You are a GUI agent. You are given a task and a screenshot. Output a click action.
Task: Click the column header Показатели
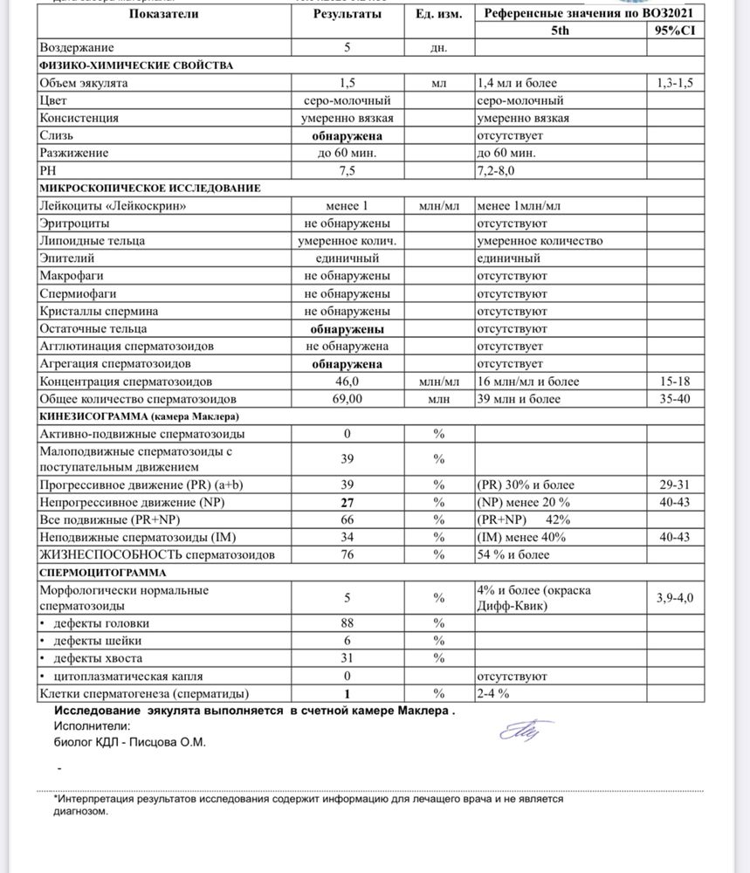tap(162, 14)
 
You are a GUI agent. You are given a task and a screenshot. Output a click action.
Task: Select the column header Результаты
tap(347, 14)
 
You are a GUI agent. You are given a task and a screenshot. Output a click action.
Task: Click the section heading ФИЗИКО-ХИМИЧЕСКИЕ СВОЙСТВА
tap(135, 65)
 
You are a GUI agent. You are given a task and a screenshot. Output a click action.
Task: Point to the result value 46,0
tap(347, 382)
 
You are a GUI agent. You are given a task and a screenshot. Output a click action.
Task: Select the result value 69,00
tap(347, 399)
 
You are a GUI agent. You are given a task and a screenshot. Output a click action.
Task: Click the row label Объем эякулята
tap(84, 83)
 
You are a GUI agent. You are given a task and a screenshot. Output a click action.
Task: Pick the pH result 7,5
tap(347, 170)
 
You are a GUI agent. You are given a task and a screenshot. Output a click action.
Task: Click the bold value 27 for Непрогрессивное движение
tap(347, 503)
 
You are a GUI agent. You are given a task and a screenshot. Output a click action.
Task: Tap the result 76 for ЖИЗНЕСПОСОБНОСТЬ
tap(347, 554)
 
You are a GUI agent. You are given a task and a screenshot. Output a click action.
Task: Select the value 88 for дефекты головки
tap(347, 623)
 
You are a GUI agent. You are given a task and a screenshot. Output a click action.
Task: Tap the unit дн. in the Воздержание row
tap(438, 48)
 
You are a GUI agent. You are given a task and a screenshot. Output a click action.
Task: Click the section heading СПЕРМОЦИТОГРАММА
tap(95, 573)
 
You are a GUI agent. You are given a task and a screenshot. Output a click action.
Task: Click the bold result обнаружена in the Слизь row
tap(347, 136)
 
